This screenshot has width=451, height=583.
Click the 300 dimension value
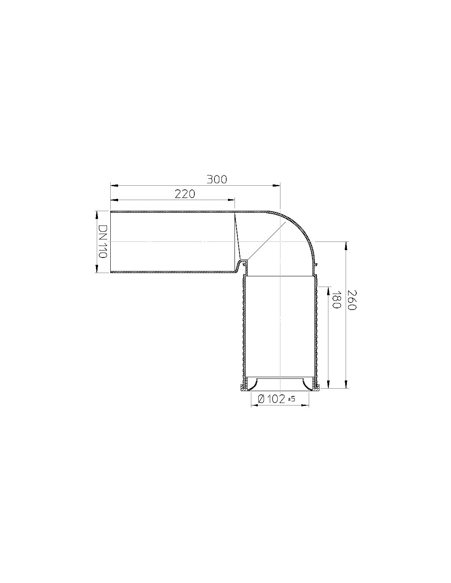point(216,180)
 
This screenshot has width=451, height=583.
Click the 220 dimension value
point(184,194)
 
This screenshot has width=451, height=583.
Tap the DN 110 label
point(102,241)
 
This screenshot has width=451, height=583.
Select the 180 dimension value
point(336,300)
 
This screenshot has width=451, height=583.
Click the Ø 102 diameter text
point(271,399)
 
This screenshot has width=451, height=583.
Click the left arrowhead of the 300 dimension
point(114,185)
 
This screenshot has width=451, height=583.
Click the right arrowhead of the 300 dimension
point(276,185)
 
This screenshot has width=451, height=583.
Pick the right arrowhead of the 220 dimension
point(231,200)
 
